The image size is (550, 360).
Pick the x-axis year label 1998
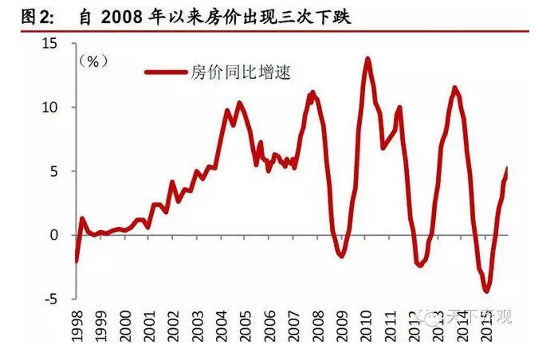tap(77, 326)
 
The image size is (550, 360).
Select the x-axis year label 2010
tap(367, 326)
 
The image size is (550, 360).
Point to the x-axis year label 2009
tap(341, 326)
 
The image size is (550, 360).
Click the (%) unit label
tap(93, 61)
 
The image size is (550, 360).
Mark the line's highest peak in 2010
tap(367, 58)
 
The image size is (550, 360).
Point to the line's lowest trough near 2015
tap(485, 292)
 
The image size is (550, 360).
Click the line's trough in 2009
tap(341, 256)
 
